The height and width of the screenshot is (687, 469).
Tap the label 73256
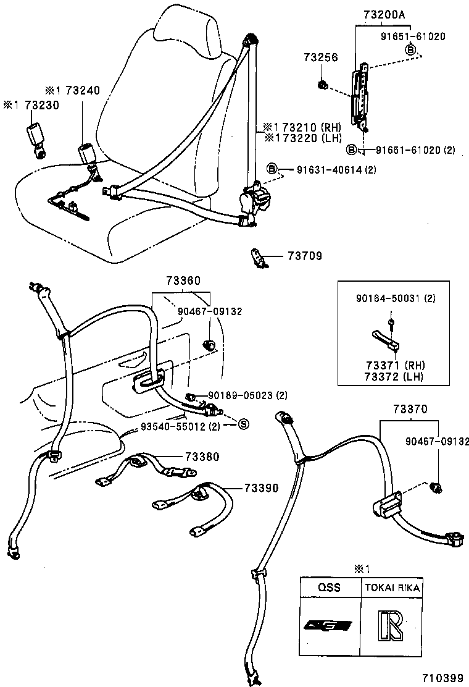[320, 57]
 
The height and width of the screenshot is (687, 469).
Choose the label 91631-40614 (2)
[336, 170]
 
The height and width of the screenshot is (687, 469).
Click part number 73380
[202, 457]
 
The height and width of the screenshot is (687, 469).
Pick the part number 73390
[261, 487]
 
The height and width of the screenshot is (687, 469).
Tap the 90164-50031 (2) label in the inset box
[396, 298]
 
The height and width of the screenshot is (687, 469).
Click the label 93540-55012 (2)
[180, 426]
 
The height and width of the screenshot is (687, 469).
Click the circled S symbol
[243, 424]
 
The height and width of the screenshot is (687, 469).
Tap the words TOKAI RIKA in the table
[392, 588]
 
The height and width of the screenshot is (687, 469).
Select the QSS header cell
[330, 588]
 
